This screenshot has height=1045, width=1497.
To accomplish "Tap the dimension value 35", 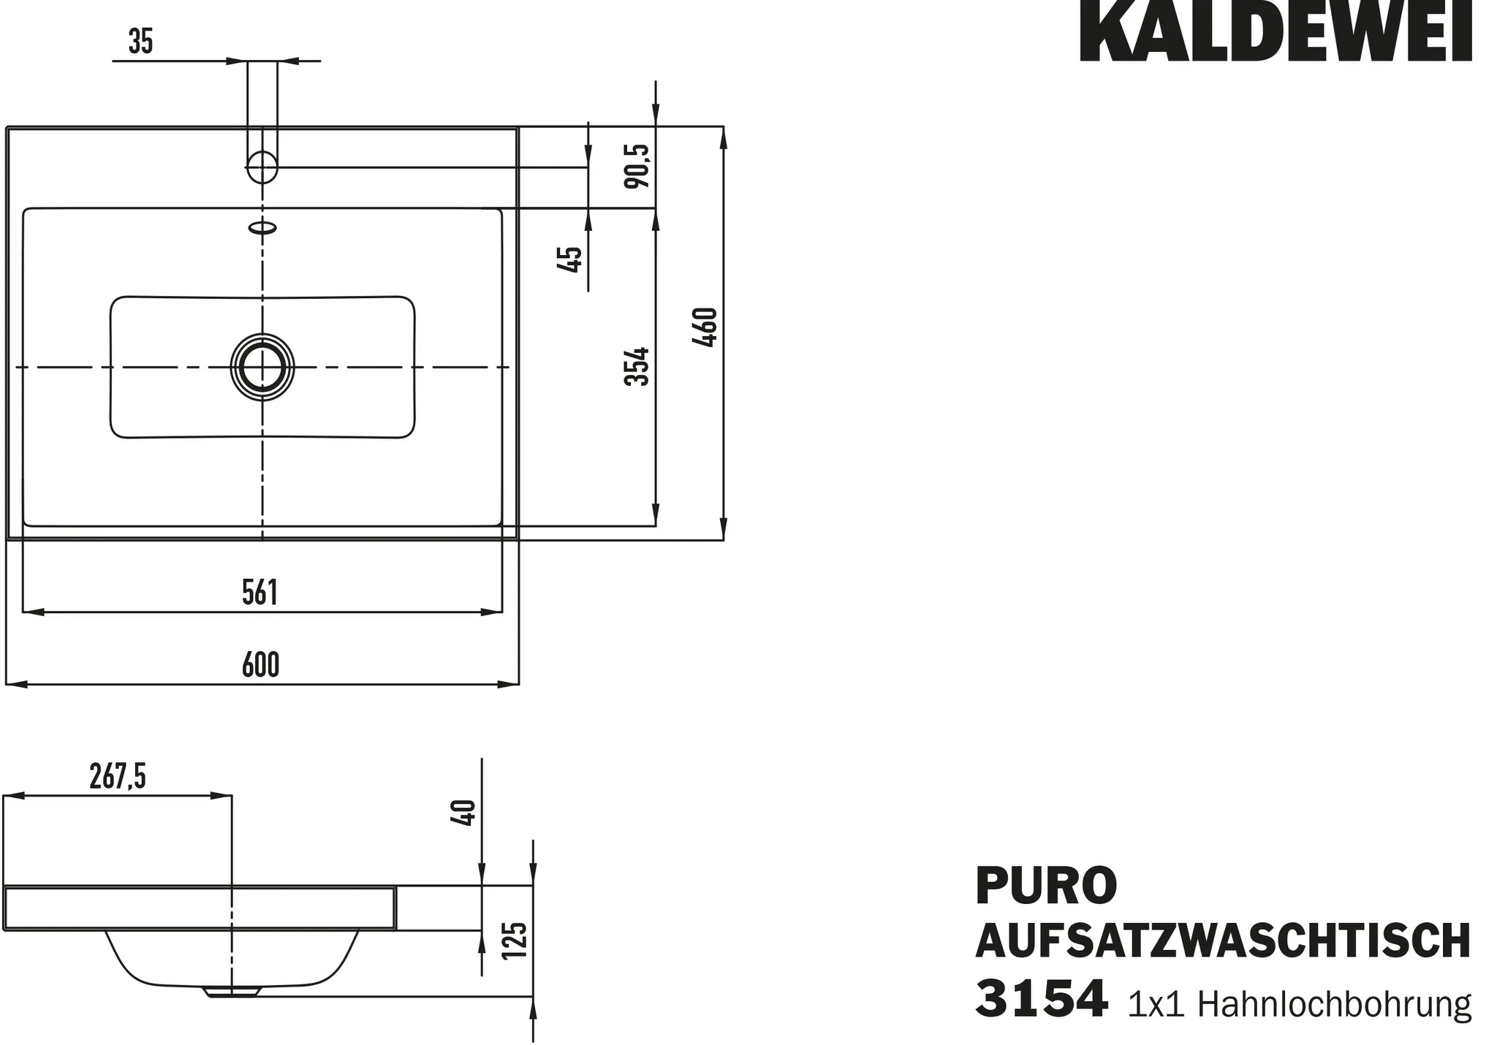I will pos(140,42).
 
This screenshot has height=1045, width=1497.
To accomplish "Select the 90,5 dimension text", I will pos(637,166).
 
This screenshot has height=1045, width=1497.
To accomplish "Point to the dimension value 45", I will pos(569,259).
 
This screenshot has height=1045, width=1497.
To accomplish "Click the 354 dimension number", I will pos(637,366).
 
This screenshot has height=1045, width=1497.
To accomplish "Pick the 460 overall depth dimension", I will pos(706,327).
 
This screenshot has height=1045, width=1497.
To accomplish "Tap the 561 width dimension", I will pos(260,593).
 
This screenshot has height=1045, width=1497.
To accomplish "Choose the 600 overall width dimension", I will pos(260,665).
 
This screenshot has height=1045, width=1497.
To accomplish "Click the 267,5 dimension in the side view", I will pos(118,776).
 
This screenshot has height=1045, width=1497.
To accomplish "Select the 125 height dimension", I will pos(515,940).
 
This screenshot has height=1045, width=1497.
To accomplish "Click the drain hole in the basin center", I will pos(262,367).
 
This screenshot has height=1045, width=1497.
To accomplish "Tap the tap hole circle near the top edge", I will pos(262,167).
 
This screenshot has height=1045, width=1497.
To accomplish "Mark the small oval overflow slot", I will pos(263,228).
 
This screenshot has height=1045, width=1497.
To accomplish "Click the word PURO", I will pos(1046,886).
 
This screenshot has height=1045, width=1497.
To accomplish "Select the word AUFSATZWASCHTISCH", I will pos(1222,941).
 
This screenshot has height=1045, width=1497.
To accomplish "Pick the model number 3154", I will pos(1041,999).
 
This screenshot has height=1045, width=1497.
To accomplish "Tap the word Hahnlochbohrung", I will pos(1334,1006).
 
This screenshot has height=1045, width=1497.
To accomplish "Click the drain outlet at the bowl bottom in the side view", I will pos(232,992).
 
